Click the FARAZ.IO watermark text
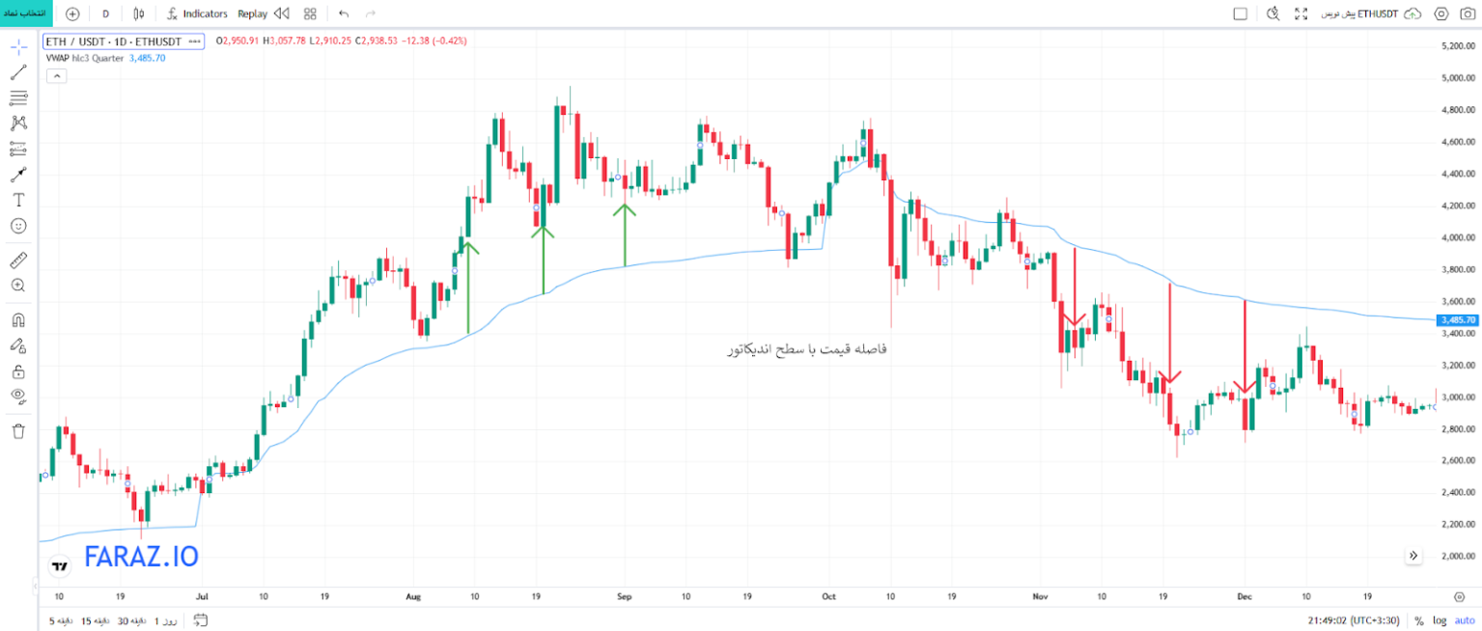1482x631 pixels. (141, 557)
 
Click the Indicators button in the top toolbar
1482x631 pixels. (197, 14)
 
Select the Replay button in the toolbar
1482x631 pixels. (253, 14)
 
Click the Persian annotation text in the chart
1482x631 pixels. (805, 349)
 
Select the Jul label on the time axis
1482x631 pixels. (201, 596)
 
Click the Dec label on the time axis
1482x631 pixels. (1244, 596)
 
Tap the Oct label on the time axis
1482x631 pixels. (828, 596)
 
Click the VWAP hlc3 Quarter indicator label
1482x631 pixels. (85, 58)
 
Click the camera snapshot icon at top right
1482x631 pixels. (1468, 14)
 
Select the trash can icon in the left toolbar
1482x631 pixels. (18, 431)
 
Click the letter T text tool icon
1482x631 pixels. (18, 200)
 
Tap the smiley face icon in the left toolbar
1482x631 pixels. (18, 226)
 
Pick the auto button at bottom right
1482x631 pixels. (1465, 620)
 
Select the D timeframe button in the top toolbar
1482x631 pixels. (105, 14)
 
